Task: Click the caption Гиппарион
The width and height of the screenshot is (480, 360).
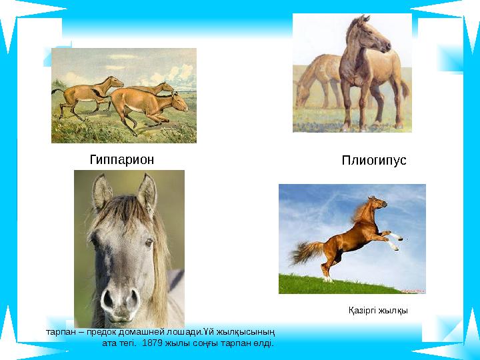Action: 122,160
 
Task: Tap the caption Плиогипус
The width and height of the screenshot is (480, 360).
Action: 374,161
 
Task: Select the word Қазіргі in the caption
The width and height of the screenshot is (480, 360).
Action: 362,311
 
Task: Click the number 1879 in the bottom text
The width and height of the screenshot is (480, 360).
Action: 152,343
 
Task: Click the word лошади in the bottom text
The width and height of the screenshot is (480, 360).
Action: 184,332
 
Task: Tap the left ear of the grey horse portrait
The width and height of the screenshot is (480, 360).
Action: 102,192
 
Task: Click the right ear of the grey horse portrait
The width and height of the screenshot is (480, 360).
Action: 147,192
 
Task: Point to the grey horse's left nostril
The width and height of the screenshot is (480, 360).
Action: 108,299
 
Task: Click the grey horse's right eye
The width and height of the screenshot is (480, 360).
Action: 149,243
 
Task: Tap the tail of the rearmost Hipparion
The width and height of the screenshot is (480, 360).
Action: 57,91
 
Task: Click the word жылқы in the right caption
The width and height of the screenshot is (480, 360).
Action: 393,311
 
